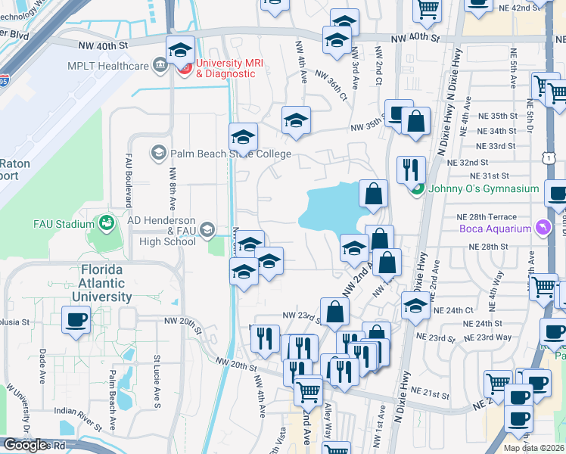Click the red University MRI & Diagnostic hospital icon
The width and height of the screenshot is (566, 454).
[x=185, y=67]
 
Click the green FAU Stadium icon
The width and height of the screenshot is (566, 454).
[x=106, y=223]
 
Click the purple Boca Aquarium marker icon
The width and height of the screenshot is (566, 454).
[x=542, y=227]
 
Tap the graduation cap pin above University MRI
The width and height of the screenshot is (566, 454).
[x=180, y=51]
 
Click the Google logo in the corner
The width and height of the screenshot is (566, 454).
[x=25, y=445]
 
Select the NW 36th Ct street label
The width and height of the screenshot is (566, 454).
[x=331, y=87]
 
